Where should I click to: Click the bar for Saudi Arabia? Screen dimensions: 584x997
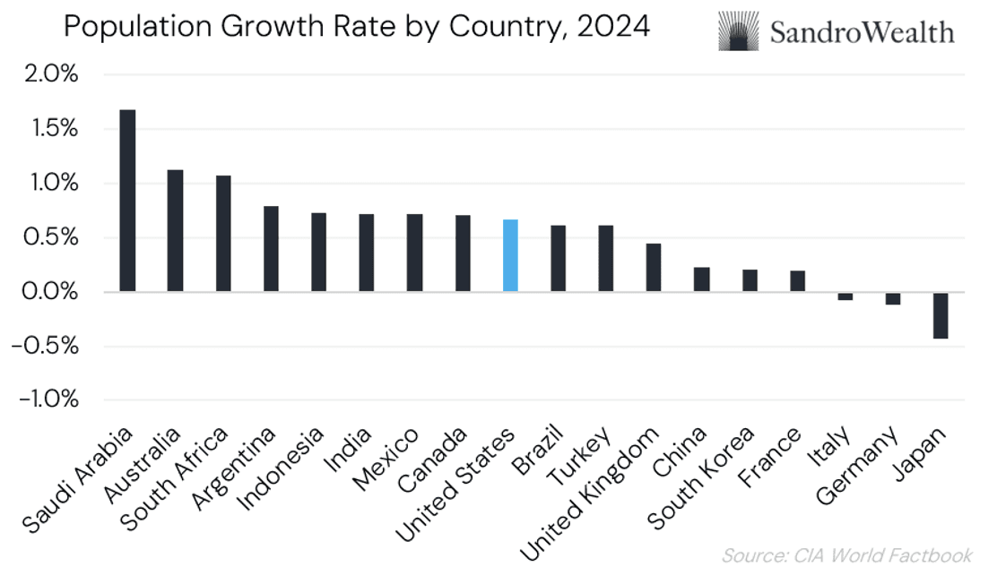click(127, 201)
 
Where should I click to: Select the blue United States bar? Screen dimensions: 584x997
click(510, 255)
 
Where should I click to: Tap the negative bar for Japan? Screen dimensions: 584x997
click(941, 315)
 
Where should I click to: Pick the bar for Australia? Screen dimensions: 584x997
click(175, 230)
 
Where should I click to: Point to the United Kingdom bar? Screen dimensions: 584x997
click(654, 267)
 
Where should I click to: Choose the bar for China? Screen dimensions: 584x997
click(701, 279)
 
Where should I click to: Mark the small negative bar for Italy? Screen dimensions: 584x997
click(845, 296)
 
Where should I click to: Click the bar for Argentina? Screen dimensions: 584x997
click(271, 249)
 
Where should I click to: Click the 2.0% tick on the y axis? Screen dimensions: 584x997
click(49, 75)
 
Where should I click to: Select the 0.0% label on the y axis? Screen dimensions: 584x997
click(49, 292)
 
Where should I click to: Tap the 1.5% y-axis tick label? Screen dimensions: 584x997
click(49, 129)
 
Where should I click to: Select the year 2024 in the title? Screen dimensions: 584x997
click(614, 27)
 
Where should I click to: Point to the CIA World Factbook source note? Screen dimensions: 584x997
click(846, 556)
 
